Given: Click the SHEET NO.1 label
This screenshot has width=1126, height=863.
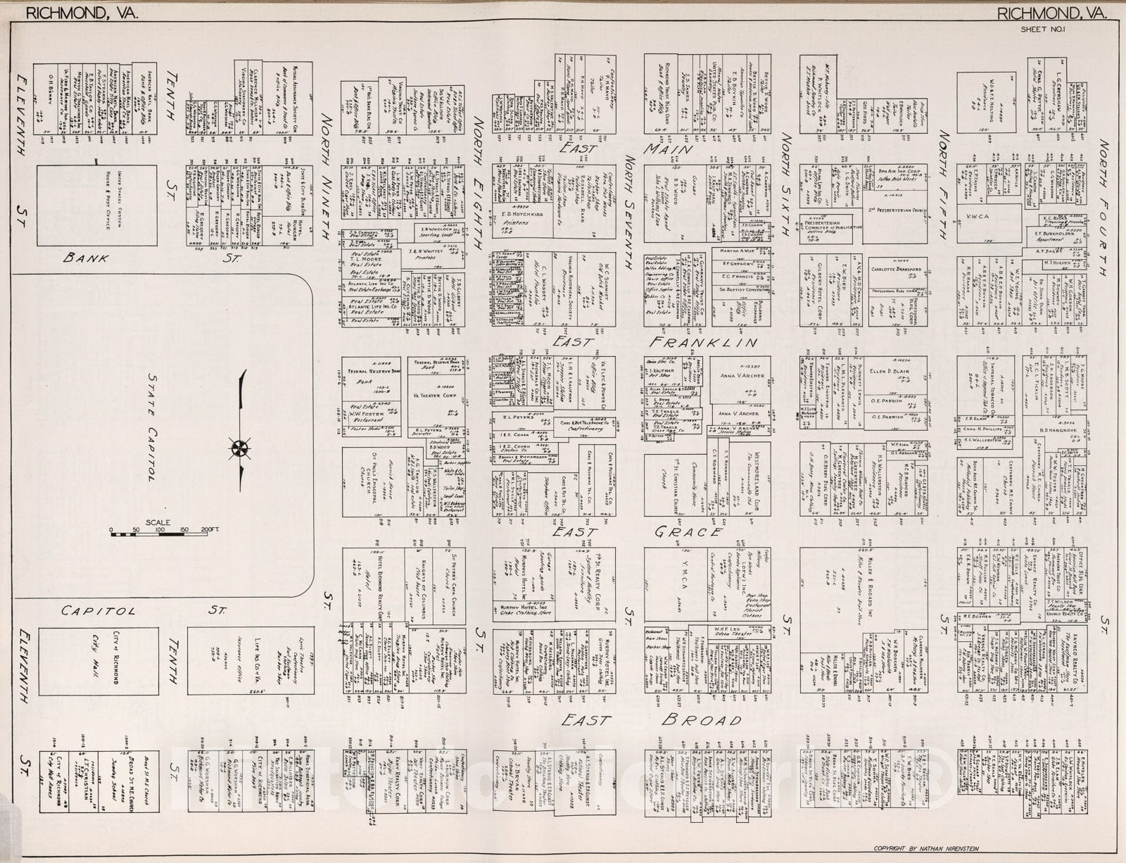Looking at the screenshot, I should pyautogui.click(x=1044, y=30).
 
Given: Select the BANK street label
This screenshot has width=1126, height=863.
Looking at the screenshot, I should pyautogui.click(x=86, y=258).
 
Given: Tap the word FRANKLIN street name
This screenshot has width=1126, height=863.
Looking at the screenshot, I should pyautogui.click(x=702, y=343).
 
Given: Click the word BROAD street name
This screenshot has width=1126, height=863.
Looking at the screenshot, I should pyautogui.click(x=702, y=720).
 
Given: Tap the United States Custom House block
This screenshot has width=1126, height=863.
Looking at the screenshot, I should pyautogui.click(x=96, y=206).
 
